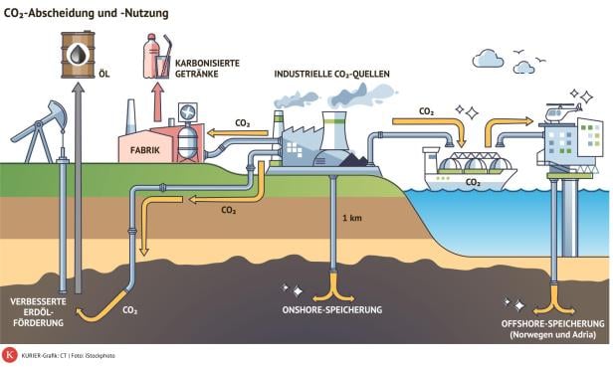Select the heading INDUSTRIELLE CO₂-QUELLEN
point(330,76)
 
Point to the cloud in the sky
point(489,58)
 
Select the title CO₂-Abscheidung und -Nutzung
point(88,13)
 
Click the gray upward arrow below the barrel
point(78,179)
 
